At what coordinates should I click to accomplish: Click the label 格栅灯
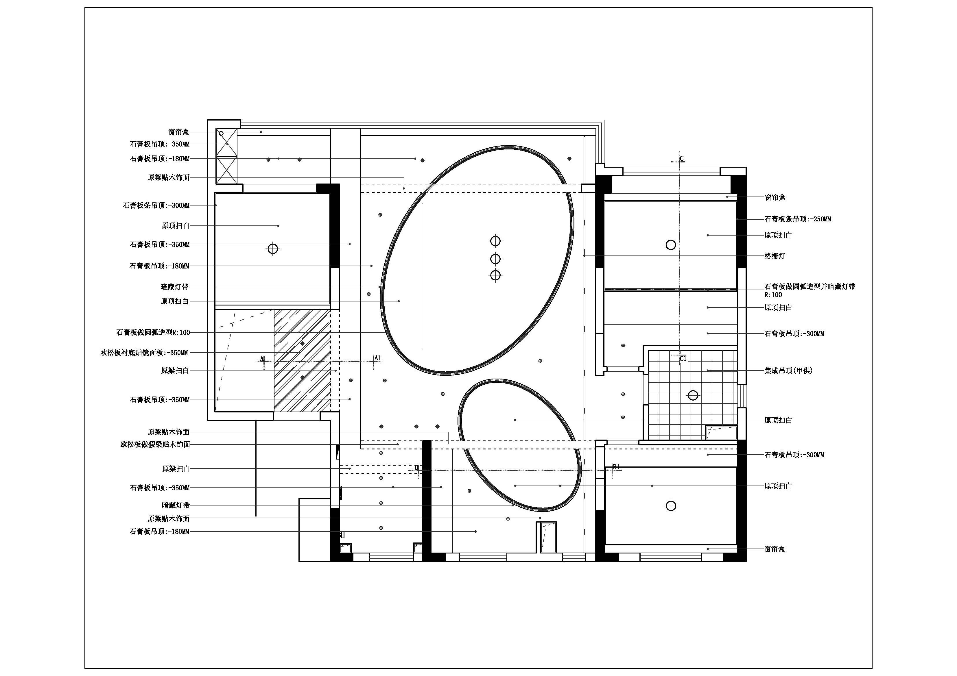tap(775, 256)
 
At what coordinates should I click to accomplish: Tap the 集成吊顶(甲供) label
tap(788, 370)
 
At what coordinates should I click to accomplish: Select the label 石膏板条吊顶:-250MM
tap(797, 219)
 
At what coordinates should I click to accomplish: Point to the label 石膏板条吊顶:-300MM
tap(156, 205)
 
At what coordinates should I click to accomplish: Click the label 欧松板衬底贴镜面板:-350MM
tap(144, 353)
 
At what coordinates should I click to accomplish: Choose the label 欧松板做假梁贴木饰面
tap(155, 445)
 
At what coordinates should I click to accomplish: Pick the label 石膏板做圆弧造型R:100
tap(153, 332)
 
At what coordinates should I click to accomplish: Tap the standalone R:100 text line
tap(773, 295)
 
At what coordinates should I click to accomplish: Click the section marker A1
tap(378, 358)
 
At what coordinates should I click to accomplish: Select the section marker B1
tap(616, 467)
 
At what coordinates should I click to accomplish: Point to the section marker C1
tap(683, 358)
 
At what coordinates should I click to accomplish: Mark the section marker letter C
tap(682, 159)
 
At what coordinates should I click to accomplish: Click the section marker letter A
tap(262, 358)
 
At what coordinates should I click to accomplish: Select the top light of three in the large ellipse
tap(495, 241)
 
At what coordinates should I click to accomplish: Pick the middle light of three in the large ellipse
tap(495, 259)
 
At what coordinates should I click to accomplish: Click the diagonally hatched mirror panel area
tap(302, 361)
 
